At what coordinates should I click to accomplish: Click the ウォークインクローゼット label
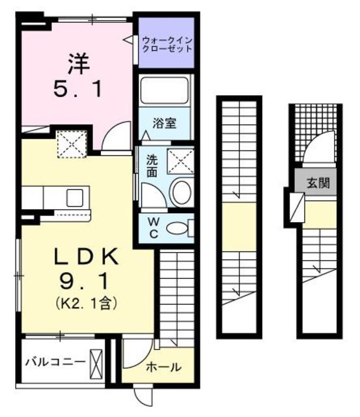167,44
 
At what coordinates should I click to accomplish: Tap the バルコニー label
51,360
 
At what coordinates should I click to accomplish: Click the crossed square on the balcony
96,361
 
